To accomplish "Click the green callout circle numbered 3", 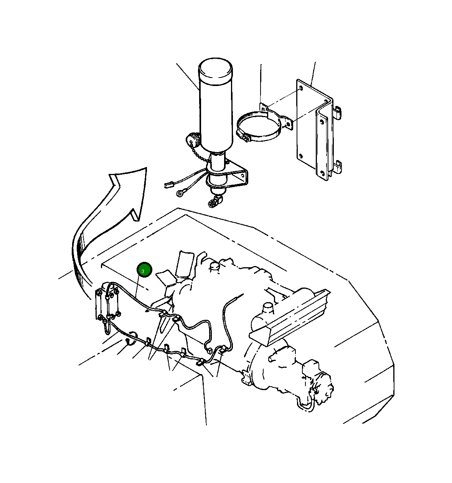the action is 144,270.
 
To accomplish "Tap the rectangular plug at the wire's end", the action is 168,185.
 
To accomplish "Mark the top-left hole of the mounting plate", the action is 301,88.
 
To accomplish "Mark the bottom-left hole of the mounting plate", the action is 301,156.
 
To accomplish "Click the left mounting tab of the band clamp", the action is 263,107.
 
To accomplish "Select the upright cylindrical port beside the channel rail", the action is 268,309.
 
